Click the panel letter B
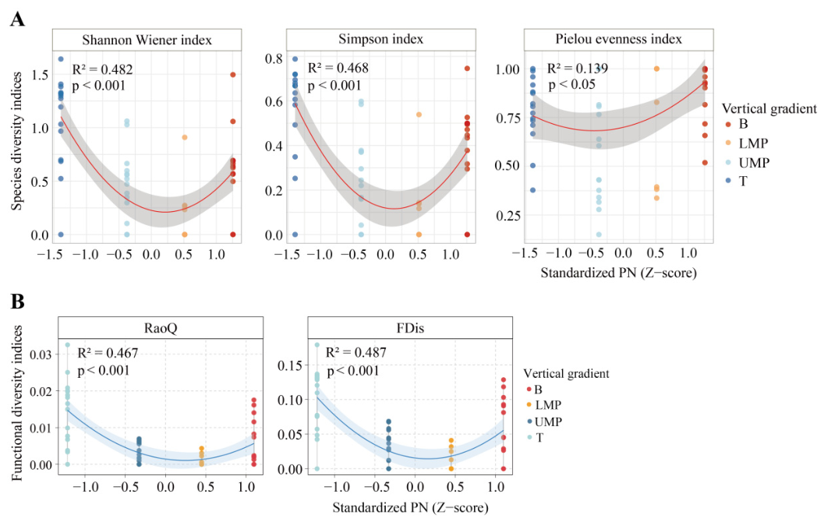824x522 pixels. pos(17,302)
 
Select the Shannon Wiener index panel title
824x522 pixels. pos(147,40)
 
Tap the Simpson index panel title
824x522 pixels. pos(381,39)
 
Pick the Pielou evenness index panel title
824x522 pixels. pos(618,39)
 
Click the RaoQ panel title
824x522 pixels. pos(161,328)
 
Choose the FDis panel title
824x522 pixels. pos(410,328)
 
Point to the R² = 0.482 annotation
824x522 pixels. pos(102,69)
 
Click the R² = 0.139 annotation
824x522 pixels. pos(578,69)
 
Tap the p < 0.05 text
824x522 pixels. pos(572,85)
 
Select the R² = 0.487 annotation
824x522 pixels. pos(356,352)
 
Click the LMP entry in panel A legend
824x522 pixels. pos(753,143)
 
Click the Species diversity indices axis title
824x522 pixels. pos(17,141)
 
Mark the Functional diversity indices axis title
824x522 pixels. pos(17,403)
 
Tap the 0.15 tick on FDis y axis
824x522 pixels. pos(289,365)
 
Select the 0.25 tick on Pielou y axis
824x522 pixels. pos(507,215)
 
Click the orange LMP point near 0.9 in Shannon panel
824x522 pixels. pos(185,138)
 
